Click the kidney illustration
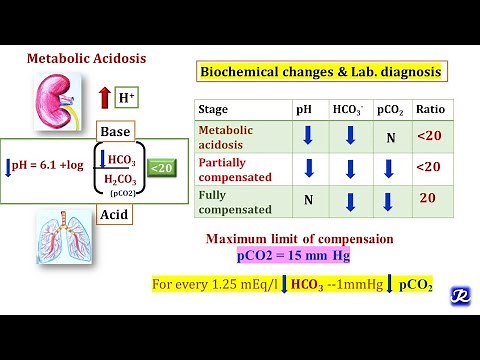point(60,99)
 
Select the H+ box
point(126,98)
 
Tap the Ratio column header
point(429,110)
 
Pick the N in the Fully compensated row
point(308,199)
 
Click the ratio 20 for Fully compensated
point(428,198)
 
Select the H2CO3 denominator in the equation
point(119,178)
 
